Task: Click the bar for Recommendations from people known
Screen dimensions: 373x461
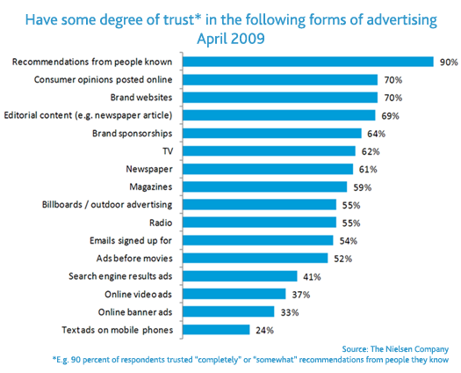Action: tap(307, 62)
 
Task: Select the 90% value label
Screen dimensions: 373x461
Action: tap(448, 62)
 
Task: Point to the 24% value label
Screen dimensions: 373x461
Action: tap(264, 330)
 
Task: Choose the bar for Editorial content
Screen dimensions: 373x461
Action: tap(278, 115)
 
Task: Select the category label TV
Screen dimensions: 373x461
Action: tap(169, 150)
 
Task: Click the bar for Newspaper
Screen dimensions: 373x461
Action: tap(267, 169)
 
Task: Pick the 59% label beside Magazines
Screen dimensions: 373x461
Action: tap(361, 186)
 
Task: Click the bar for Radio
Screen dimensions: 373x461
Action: tap(259, 223)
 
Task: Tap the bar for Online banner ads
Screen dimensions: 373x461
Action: tap(228, 311)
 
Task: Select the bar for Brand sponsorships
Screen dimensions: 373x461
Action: tap(271, 133)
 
